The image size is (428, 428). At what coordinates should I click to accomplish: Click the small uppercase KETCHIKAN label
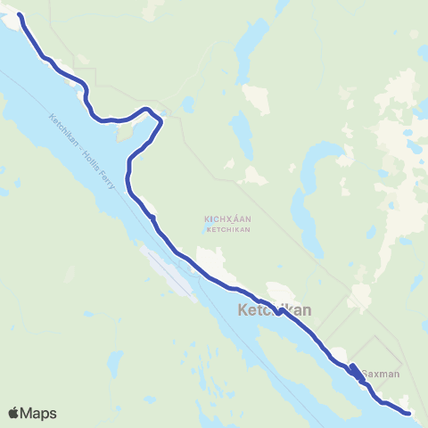tap(227, 228)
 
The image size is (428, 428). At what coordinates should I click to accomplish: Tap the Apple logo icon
tap(13, 413)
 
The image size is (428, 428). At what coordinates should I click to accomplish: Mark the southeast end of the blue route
tap(407, 413)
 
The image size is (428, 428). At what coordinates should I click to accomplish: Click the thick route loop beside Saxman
tap(354, 372)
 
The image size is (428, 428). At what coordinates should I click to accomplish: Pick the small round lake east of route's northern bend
tap(188, 104)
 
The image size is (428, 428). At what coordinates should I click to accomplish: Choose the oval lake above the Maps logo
tap(114, 366)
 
